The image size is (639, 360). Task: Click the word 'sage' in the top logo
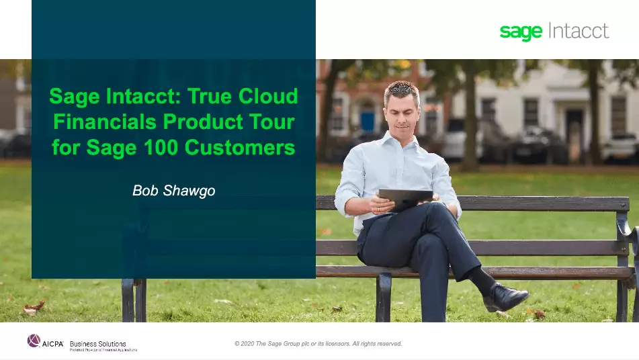coord(521,32)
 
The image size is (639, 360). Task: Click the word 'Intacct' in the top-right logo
coord(579,31)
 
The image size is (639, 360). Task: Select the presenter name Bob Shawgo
coord(173,191)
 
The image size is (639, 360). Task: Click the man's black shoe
coord(505,296)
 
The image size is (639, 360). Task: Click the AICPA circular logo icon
coord(34,341)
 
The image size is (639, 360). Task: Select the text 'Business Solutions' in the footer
coord(98,344)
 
